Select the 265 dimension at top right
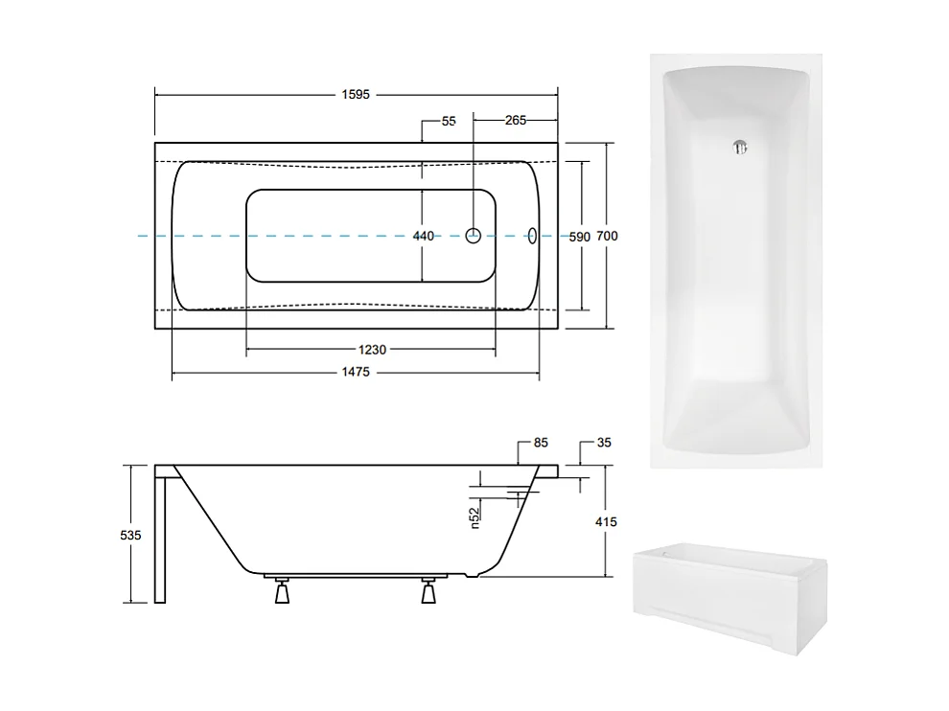(515, 121)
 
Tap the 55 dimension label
(449, 121)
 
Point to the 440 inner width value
(423, 236)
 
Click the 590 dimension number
(579, 236)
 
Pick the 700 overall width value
(607, 236)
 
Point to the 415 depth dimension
(606, 521)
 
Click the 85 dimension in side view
(541, 444)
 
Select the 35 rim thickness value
(603, 444)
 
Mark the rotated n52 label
(474, 517)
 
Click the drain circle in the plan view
(474, 236)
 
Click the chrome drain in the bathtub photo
(738, 148)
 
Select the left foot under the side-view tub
(281, 592)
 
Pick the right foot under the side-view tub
(428, 592)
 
